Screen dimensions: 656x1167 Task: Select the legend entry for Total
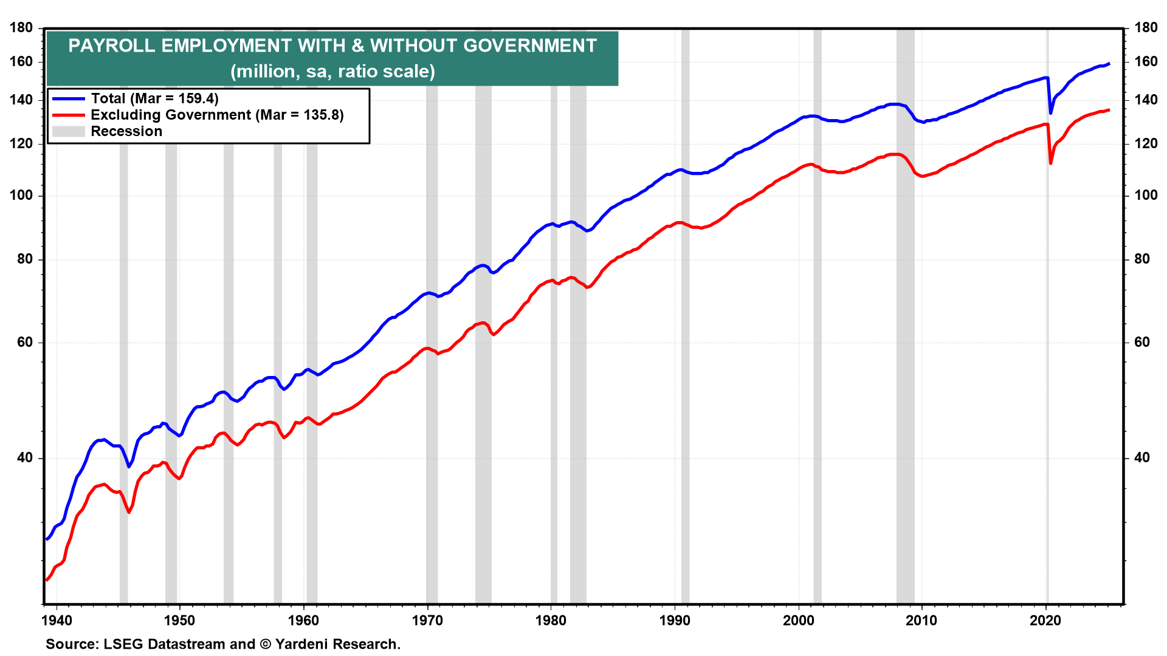coord(154,98)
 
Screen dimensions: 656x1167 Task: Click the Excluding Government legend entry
coord(217,115)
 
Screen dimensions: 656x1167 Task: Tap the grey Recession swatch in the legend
coord(68,131)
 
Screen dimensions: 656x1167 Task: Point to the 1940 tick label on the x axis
coord(57,621)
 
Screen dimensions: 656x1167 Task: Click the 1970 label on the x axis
coord(427,621)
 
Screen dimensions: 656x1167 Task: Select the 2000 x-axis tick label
coord(798,621)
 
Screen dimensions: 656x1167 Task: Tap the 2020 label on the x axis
coord(1045,621)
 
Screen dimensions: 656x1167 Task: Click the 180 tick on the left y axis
coord(21,28)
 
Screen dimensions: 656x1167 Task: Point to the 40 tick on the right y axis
coord(1142,458)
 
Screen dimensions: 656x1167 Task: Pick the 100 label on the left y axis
coord(21,196)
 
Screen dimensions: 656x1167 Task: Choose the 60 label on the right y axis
coord(1142,343)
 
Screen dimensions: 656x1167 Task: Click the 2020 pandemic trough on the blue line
coord(1051,113)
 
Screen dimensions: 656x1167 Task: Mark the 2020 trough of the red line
coord(1051,163)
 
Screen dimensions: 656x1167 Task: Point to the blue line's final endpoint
coord(1109,63)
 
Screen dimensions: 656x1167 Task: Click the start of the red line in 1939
coord(46,580)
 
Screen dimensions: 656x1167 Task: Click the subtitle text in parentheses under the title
coord(332,72)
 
